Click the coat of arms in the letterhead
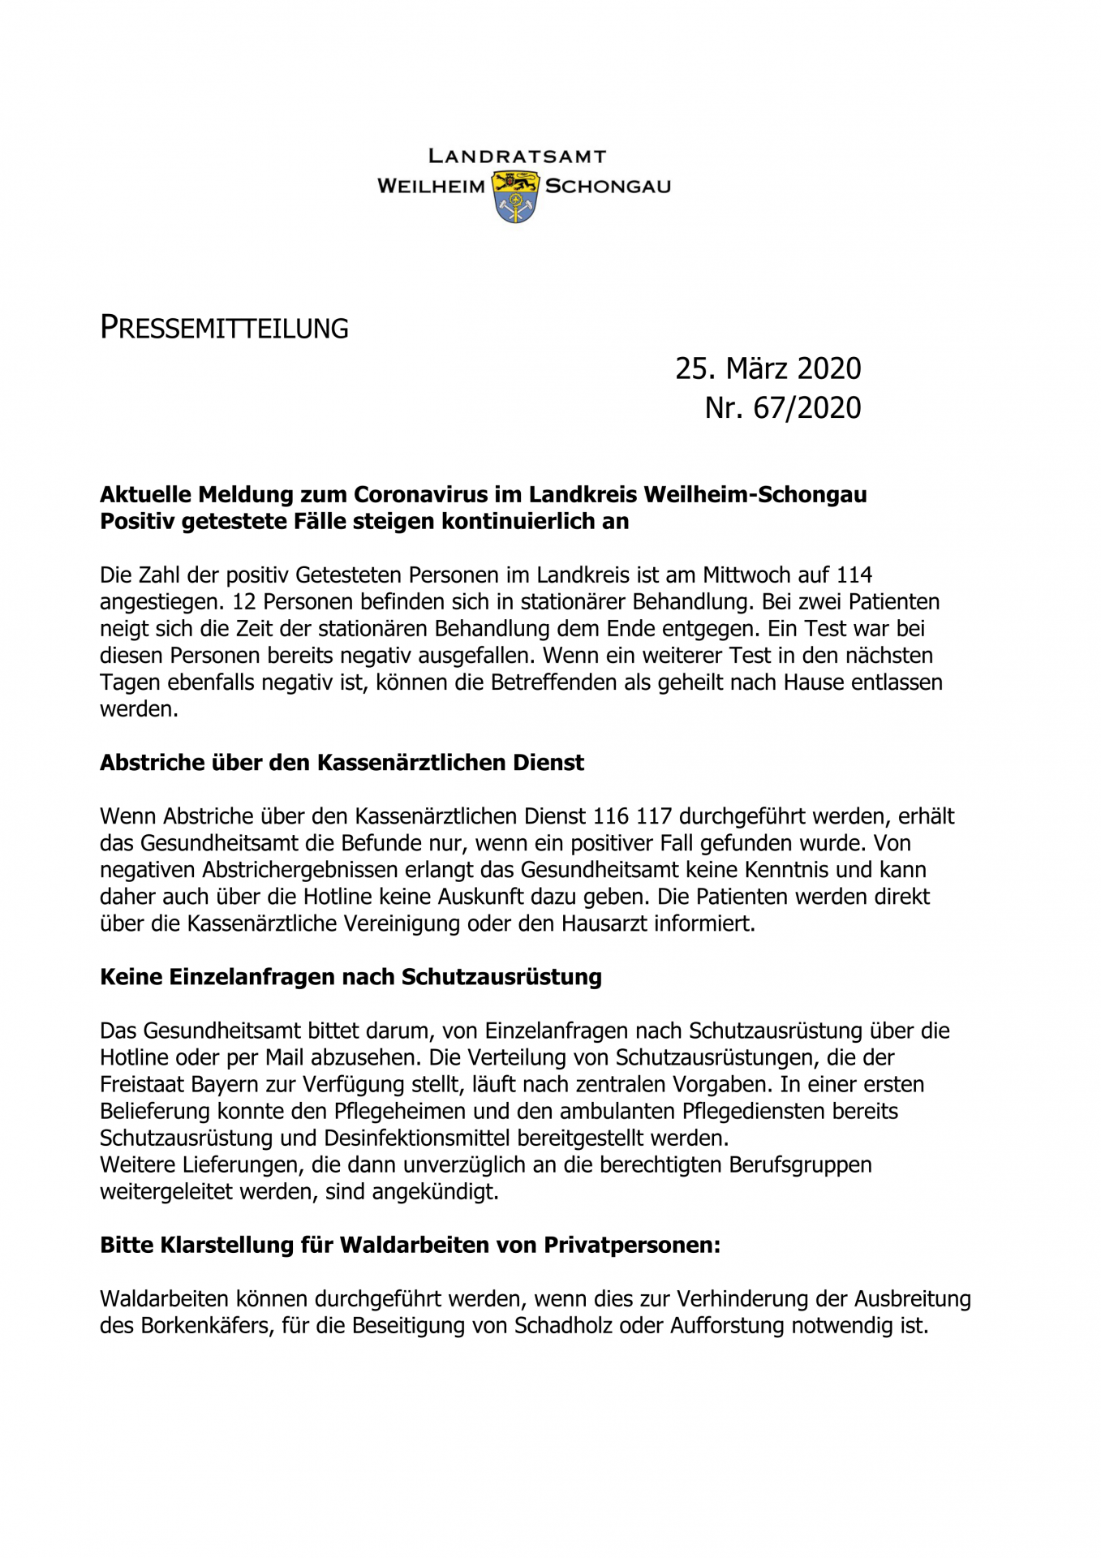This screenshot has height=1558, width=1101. (516, 196)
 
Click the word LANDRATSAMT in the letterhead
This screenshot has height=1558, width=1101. (517, 156)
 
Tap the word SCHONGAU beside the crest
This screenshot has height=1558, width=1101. (608, 187)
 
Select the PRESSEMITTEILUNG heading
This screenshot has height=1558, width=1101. (224, 328)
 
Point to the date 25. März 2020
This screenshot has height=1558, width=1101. (768, 368)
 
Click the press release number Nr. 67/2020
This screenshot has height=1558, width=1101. (782, 407)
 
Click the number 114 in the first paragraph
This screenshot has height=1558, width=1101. (854, 575)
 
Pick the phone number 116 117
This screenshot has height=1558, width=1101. (632, 816)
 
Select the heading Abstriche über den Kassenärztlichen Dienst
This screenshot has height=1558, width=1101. (342, 763)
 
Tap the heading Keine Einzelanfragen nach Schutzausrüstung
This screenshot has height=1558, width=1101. (351, 977)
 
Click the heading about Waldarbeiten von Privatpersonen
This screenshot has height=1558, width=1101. (410, 1245)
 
